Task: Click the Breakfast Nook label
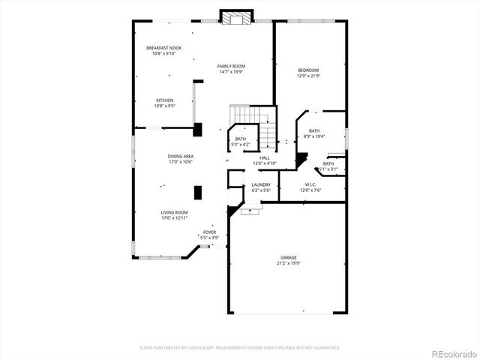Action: [x=163, y=48]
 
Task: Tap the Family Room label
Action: [x=231, y=66]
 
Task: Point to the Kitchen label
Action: [x=164, y=100]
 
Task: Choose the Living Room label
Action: [x=174, y=212]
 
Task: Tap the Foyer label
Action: [x=210, y=232]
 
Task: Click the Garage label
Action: [x=289, y=257]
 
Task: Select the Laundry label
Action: [x=261, y=184]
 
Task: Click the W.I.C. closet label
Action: [x=310, y=184]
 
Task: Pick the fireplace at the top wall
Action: [x=235, y=17]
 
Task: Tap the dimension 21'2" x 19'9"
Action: [x=289, y=263]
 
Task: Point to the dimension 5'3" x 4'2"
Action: [x=240, y=144]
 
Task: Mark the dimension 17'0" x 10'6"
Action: [x=180, y=162]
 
